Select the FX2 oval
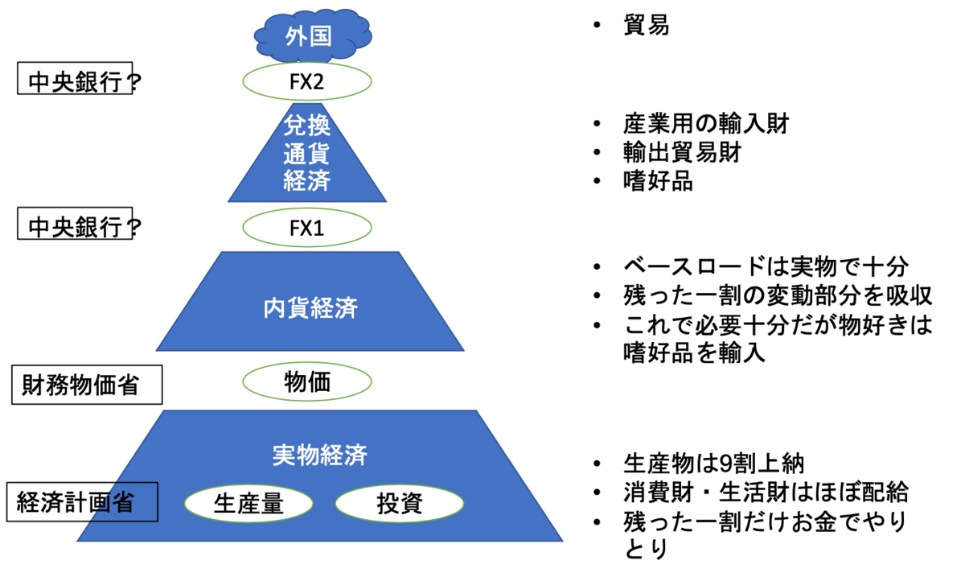tap(307, 82)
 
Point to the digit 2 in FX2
tap(323, 82)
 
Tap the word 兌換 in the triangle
tap(307, 126)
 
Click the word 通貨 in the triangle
tap(307, 154)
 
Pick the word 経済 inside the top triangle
tap(307, 181)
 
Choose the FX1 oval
tap(307, 229)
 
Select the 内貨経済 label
tap(310, 309)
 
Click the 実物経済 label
tap(320, 455)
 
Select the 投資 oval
tap(399, 505)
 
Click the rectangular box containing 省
tap(121, 502)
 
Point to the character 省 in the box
tap(121, 502)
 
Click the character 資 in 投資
tap(411, 505)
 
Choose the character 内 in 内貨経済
tap(275, 309)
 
